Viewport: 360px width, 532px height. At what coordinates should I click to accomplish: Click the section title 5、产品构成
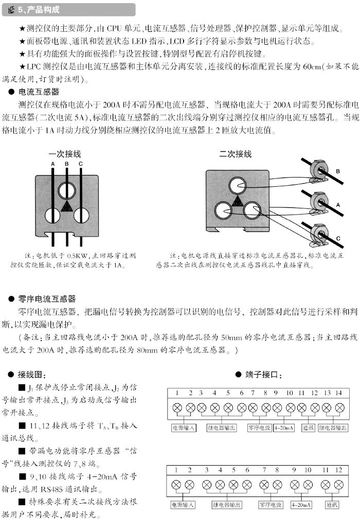point(39,10)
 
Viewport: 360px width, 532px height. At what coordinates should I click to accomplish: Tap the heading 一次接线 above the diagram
point(65,154)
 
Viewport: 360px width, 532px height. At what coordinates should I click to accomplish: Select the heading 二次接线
point(236,154)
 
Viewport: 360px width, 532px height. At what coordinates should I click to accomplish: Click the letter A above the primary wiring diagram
point(52,164)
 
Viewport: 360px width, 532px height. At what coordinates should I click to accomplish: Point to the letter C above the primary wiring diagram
point(81,164)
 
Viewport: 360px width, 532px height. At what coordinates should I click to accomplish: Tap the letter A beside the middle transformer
point(338,204)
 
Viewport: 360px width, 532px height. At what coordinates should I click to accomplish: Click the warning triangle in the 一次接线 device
point(67,207)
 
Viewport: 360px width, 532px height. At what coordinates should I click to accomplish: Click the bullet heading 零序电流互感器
point(47,298)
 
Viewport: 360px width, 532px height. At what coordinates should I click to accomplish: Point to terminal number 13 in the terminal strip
point(327,393)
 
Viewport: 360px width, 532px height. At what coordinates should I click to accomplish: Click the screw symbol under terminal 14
point(339,408)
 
